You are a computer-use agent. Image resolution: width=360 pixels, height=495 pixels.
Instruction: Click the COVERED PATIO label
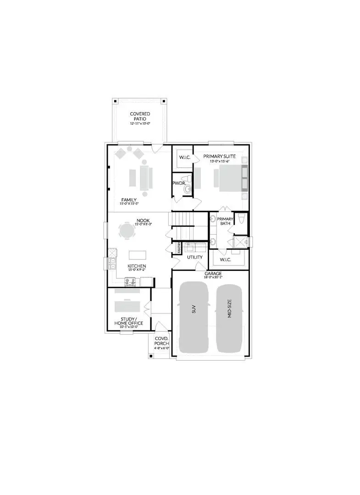140,116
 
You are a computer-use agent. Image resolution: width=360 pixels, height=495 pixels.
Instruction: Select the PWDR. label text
178,183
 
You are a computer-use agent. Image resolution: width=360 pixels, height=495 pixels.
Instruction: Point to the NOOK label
140,220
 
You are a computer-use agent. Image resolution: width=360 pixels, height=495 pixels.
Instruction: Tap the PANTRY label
179,248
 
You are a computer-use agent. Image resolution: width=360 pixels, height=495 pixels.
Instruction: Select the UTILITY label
195,257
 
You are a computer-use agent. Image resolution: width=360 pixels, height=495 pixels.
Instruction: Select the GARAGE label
213,274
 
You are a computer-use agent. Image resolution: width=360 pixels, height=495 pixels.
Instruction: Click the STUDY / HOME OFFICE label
128,321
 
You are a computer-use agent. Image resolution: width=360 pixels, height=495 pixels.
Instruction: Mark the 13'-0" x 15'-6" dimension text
220,161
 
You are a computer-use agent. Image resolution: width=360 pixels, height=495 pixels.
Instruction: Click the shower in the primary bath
240,242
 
